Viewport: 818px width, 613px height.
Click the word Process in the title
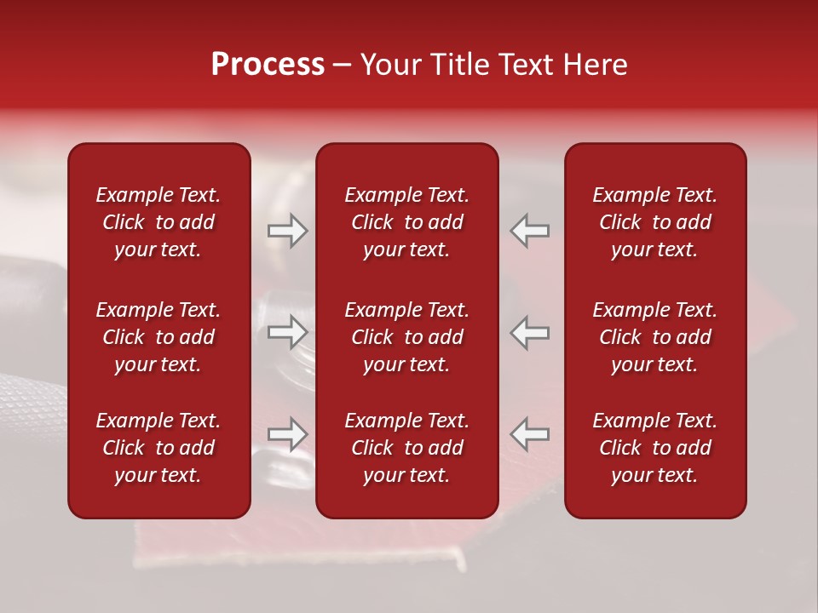point(268,65)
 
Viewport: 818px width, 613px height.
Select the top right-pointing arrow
point(287,231)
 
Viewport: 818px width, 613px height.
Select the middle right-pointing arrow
point(287,332)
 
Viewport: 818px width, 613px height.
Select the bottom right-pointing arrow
point(287,434)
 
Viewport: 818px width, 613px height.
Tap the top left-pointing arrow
point(530,231)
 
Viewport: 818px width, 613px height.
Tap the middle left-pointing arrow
point(530,332)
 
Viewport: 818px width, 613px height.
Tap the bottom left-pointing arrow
point(530,434)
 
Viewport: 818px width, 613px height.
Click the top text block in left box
point(158,222)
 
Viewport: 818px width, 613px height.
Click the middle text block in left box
point(158,337)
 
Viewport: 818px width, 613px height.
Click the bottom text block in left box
point(158,448)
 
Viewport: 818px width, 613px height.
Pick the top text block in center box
point(407,222)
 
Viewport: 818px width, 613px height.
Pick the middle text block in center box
point(407,337)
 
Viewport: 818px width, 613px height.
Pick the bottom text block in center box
point(407,448)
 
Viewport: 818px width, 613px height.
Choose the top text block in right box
point(655,222)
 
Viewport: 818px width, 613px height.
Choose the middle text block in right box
point(655,337)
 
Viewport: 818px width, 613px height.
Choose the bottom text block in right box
point(655,448)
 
